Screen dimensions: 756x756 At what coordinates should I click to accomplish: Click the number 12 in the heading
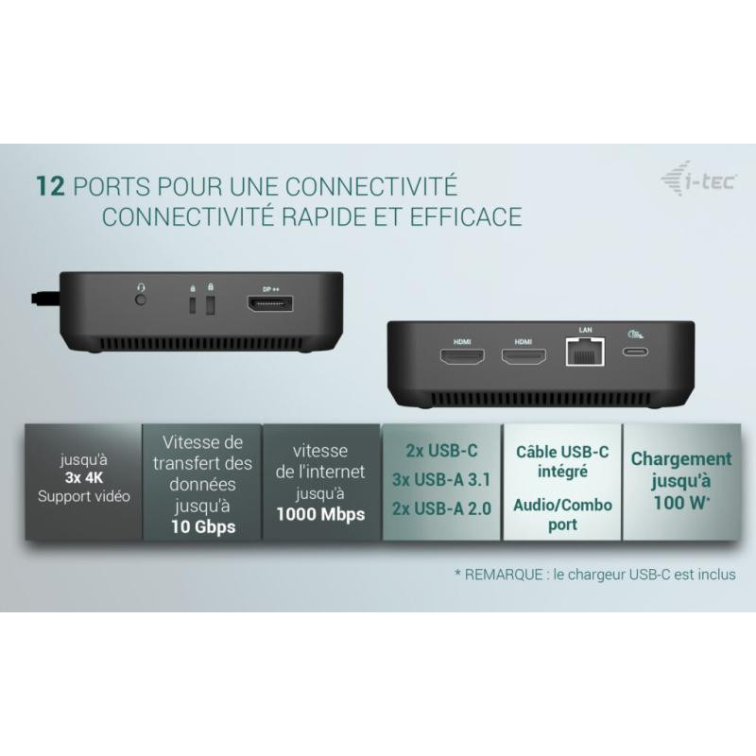click(x=50, y=186)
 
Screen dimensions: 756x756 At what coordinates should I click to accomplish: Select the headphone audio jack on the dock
click(x=141, y=300)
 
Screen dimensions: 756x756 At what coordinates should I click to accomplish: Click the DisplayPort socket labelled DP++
click(x=270, y=304)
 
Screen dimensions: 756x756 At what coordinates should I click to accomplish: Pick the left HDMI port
click(x=462, y=357)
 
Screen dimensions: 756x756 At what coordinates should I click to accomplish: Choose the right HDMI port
click(x=524, y=357)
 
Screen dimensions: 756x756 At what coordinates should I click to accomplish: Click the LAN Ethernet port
click(x=585, y=352)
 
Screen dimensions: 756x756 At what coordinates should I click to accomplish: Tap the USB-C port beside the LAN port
click(x=634, y=352)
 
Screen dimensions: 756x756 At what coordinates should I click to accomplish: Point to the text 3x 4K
click(x=84, y=478)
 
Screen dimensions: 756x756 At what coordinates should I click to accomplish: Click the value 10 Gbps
click(x=203, y=527)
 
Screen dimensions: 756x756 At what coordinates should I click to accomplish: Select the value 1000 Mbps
click(x=320, y=514)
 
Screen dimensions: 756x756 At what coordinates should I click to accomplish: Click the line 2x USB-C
click(x=441, y=451)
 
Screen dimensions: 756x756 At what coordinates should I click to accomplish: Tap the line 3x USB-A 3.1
click(x=441, y=480)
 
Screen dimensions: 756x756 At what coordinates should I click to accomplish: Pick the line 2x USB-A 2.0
click(x=441, y=508)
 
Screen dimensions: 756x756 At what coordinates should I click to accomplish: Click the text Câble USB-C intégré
click(x=562, y=461)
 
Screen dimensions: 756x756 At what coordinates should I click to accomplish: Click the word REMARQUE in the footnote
click(x=504, y=575)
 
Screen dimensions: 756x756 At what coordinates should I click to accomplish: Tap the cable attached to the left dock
click(x=45, y=298)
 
